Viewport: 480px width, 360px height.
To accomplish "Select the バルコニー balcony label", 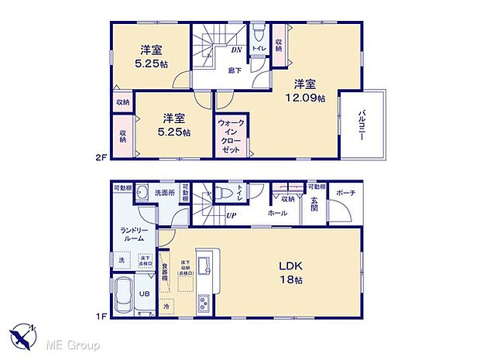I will click(x=362, y=126).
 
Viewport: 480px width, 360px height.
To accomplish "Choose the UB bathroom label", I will click(x=144, y=294).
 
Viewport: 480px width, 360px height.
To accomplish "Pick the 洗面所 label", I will click(x=164, y=192).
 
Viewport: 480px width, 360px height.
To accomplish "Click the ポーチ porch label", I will click(x=346, y=193).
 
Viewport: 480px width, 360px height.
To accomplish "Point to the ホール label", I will click(x=278, y=211).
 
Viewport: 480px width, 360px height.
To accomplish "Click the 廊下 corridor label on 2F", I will click(x=234, y=70).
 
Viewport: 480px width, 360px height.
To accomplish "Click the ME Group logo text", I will click(x=70, y=342).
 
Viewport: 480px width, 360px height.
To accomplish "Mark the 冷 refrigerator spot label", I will click(x=166, y=307).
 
